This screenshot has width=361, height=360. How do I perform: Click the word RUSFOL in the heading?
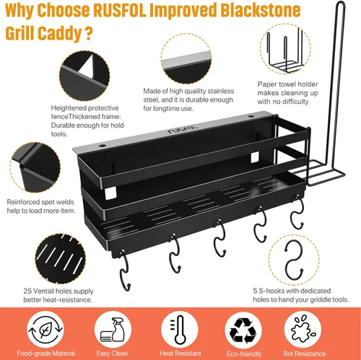(120, 10)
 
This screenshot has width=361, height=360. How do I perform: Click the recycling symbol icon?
(243, 330)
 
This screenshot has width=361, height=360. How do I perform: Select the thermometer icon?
(179, 330)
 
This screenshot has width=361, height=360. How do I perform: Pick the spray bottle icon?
(113, 329)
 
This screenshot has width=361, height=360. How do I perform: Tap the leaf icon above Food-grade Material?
(45, 330)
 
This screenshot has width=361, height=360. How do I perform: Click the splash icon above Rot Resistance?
(303, 329)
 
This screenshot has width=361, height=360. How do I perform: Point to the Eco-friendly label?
(243, 354)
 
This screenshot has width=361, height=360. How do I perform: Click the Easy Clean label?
(112, 354)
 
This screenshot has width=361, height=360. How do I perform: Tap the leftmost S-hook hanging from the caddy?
(125, 270)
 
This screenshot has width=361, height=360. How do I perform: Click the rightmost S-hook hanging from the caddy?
(297, 211)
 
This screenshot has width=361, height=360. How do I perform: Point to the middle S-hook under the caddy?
(219, 237)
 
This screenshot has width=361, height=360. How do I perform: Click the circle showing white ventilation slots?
(60, 259)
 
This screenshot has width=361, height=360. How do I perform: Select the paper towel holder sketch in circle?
(285, 49)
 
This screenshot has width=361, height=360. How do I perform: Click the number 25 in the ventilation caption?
(27, 291)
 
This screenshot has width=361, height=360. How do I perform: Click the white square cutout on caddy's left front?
(110, 193)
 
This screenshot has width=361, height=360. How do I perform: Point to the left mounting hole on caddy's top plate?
(103, 146)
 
